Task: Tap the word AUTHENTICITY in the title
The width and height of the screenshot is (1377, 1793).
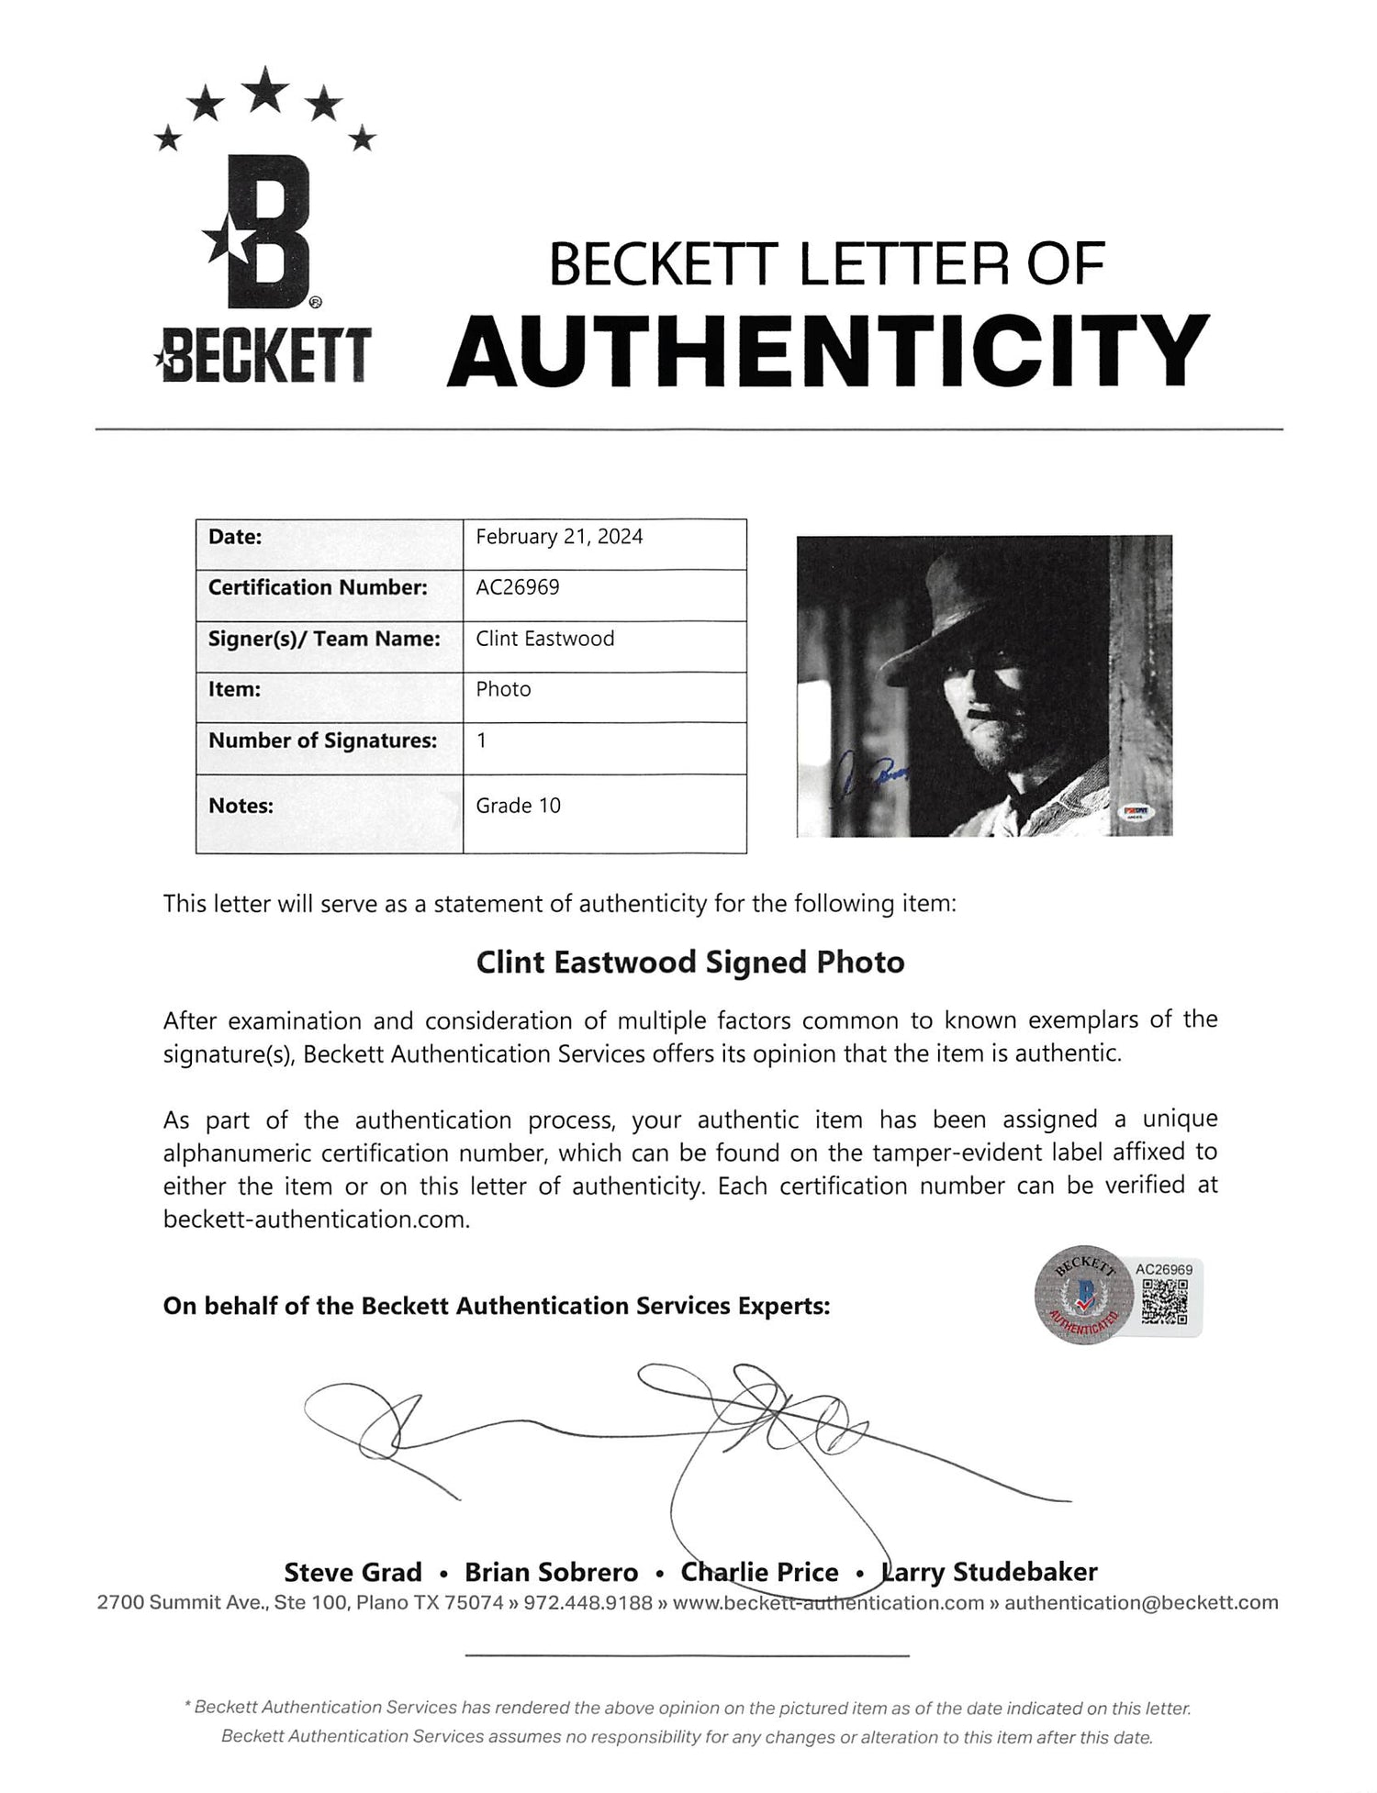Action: [x=826, y=351]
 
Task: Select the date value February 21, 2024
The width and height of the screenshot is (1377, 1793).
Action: [x=559, y=537]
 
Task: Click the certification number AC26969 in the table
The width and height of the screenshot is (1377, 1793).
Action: [x=517, y=587]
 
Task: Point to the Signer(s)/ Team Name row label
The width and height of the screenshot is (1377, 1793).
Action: [x=324, y=639]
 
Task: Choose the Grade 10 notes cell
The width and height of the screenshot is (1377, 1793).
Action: [x=518, y=806]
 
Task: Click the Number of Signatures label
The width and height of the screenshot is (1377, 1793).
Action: [x=322, y=740]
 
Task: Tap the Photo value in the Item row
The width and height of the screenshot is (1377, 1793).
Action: [x=503, y=689]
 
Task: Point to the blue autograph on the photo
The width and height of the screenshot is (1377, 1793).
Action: [x=873, y=779]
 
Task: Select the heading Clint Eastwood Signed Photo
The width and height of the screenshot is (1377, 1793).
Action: [x=689, y=963]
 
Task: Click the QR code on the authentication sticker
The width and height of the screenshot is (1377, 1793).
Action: [x=1164, y=1301]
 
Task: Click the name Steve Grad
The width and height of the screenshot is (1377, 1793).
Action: [x=353, y=1572]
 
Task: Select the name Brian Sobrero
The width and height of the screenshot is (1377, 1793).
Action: [x=551, y=1572]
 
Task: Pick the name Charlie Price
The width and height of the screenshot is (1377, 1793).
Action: [x=759, y=1572]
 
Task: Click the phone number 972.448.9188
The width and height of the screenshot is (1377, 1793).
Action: [x=596, y=1603]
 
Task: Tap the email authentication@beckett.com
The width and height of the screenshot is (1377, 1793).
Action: [x=1141, y=1603]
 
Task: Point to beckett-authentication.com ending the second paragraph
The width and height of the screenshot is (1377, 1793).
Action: [x=317, y=1219]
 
